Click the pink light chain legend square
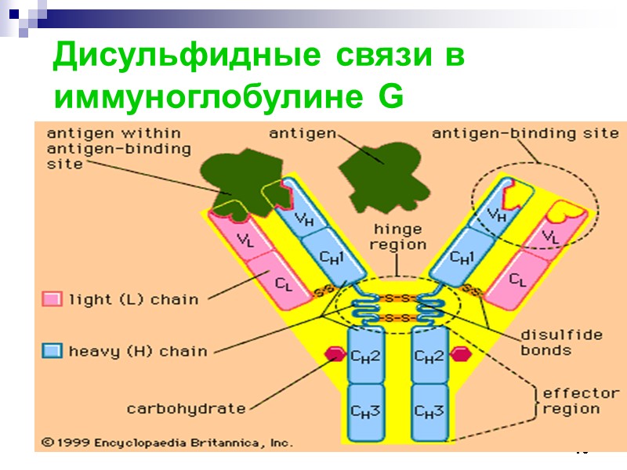[52, 299]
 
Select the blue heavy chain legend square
[52, 351]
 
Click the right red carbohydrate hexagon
[461, 355]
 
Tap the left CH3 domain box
[365, 410]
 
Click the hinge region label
[397, 237]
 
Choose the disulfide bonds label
[561, 342]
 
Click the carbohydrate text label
[186, 408]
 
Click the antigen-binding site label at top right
[525, 133]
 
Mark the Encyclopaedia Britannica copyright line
[167, 443]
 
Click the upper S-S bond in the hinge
[397, 299]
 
